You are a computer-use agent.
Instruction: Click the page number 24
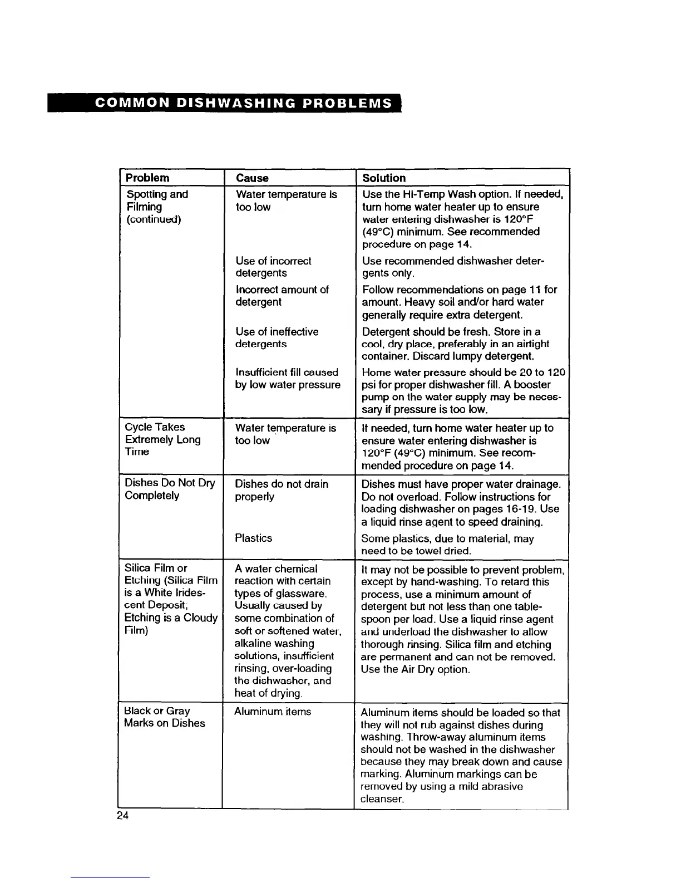click(123, 816)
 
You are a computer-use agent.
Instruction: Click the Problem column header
click(147, 178)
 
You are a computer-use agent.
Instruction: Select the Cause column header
click(252, 178)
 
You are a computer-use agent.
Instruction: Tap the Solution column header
click(384, 178)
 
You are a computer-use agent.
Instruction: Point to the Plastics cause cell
click(254, 538)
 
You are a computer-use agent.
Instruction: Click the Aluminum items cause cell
click(273, 712)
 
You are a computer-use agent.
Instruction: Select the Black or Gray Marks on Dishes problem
click(165, 717)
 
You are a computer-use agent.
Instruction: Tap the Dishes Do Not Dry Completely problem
click(170, 489)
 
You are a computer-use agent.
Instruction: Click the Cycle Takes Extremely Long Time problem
click(162, 439)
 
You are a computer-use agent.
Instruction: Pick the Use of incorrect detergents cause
click(273, 267)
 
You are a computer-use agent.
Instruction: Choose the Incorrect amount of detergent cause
click(282, 296)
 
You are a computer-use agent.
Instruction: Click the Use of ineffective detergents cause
click(277, 337)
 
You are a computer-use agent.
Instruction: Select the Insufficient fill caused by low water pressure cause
click(288, 379)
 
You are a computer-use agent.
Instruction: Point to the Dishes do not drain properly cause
click(282, 490)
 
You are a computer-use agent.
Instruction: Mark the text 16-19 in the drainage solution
click(521, 509)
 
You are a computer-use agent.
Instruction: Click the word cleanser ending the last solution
click(381, 799)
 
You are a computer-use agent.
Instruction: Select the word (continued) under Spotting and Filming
click(154, 219)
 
